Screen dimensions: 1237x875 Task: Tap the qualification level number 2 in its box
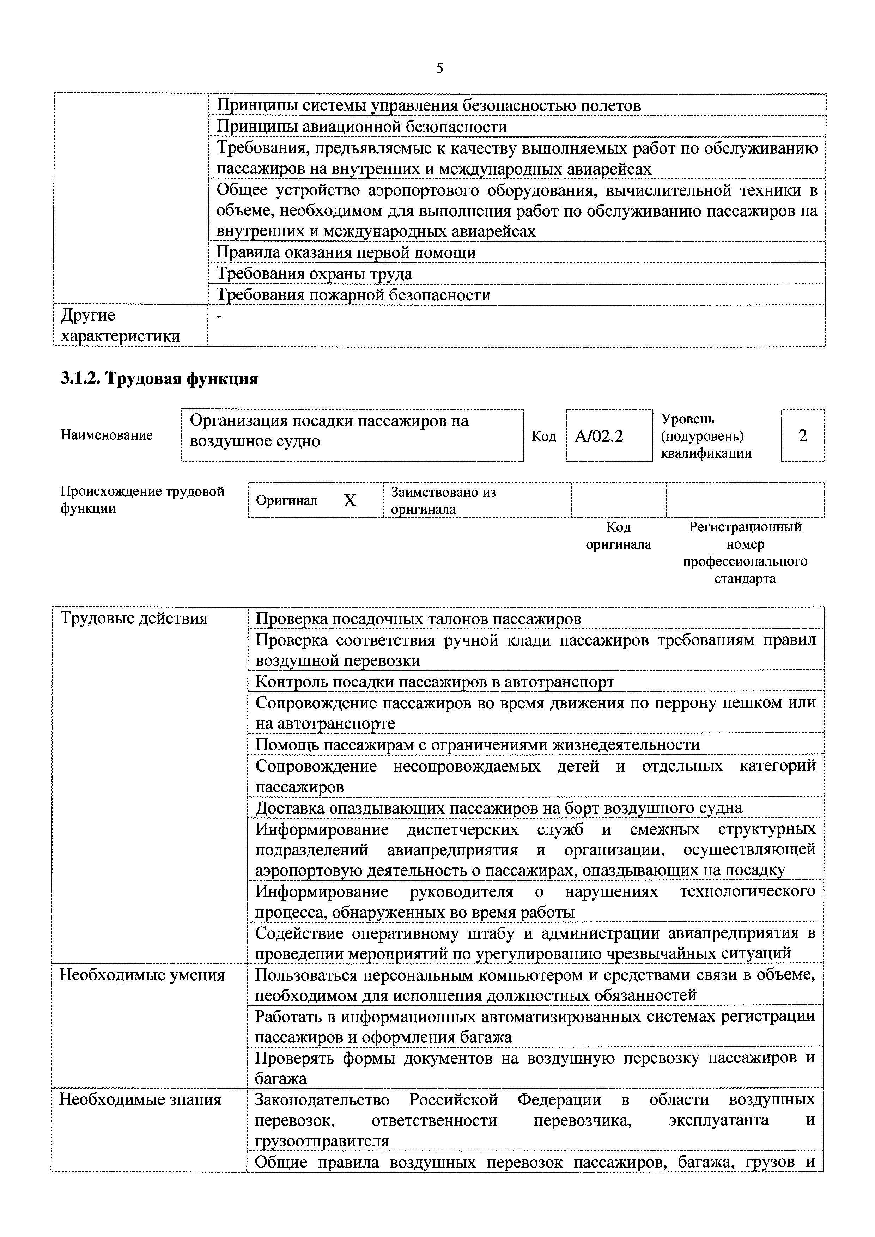tap(802, 435)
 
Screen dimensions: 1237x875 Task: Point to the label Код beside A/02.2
tap(543, 436)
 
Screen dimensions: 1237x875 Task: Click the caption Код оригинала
tap(618, 536)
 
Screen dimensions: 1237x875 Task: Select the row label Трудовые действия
tap(134, 618)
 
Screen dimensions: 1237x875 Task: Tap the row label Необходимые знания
tap(140, 1099)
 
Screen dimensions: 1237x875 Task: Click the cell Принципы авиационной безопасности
tap(361, 127)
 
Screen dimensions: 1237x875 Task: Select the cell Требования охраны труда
tap(314, 274)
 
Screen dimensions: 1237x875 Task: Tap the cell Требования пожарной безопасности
tap(353, 295)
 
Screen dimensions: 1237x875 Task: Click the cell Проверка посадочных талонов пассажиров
tap(418, 618)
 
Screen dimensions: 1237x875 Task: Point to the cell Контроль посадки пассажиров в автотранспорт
tap(434, 682)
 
